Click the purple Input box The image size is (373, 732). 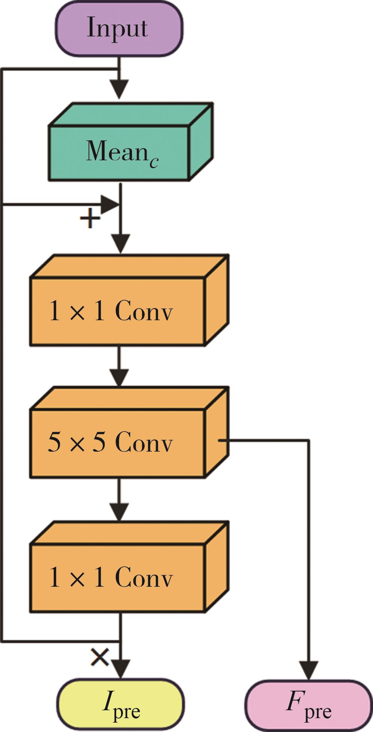119,28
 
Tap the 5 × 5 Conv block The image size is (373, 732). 117,443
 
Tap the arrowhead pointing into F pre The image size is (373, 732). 309,670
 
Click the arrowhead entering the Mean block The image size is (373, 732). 120,90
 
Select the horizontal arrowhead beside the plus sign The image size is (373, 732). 110,205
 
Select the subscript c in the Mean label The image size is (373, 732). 153,161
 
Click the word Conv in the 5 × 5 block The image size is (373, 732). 144,443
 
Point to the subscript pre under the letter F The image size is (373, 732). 318,711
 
